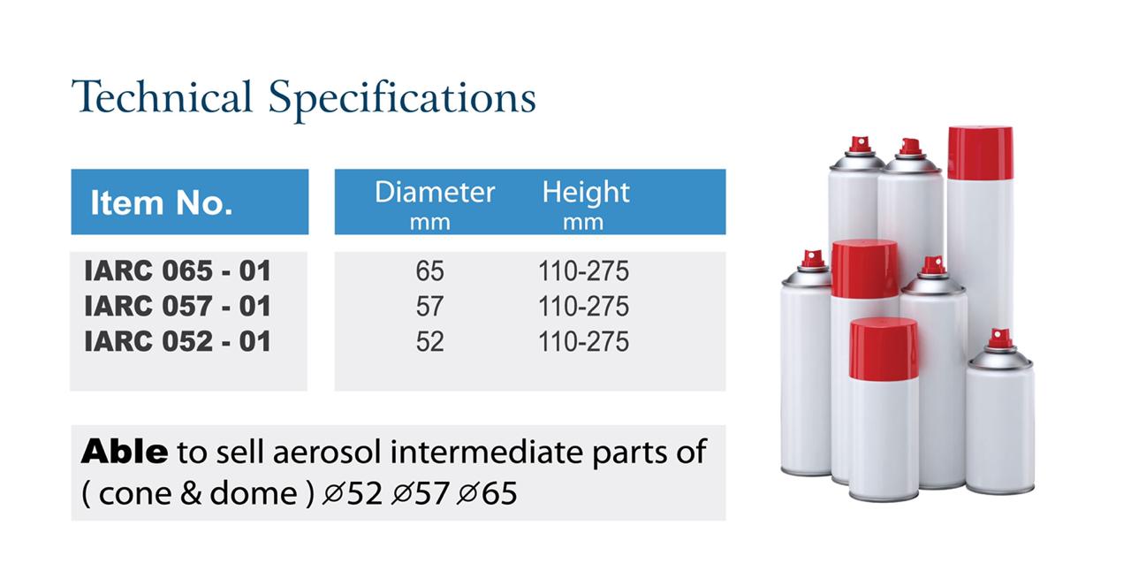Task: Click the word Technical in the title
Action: pos(162,96)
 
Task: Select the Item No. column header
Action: pos(162,202)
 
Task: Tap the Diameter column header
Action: pos(434,192)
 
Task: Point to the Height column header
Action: pos(586,193)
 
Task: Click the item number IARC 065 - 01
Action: pos(178,270)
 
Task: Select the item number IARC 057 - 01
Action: pos(178,306)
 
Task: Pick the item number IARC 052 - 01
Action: pos(178,341)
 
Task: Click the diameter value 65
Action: pos(429,270)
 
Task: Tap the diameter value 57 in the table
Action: pos(429,306)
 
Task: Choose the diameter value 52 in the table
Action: pos(429,341)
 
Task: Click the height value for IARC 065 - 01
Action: pos(584,270)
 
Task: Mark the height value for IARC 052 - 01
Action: pos(584,341)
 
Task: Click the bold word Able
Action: pos(125,452)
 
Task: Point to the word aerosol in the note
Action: pos(327,452)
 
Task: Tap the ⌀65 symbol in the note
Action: pos(487,493)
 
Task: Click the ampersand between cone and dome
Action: pos(191,493)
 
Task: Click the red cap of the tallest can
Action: pos(980,153)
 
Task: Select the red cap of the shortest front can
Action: pos(884,348)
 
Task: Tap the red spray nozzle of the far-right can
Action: pos(999,339)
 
